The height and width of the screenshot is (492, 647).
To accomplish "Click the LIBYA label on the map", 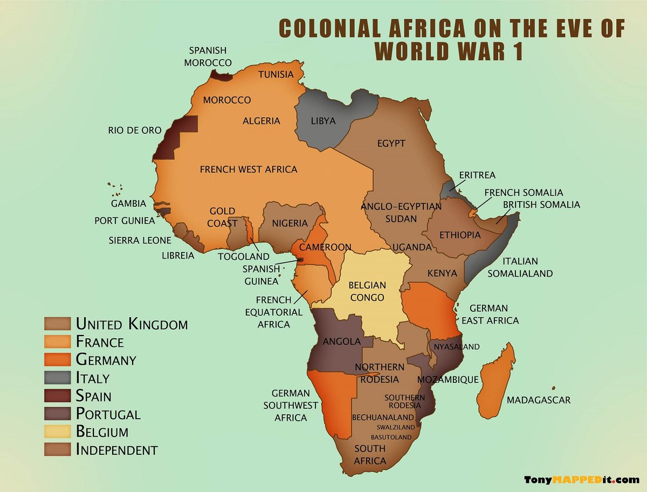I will pos(323,121).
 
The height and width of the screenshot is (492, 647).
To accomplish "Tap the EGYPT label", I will pos(391,143).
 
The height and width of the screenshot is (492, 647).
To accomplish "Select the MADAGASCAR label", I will pos(538,400).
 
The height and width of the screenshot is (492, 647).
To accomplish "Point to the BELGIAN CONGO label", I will pos(367,291).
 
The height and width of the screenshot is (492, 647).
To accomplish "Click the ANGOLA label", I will pos(341,341).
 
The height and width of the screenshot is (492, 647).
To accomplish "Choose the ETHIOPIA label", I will pos(460,235).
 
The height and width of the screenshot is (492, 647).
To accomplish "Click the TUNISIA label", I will pos(276,74).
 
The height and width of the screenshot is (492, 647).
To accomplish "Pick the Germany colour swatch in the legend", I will pos(57,359).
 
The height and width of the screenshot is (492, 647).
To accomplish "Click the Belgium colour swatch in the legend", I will pos(57,431).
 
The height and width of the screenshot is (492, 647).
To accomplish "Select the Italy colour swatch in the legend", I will pos(57,377).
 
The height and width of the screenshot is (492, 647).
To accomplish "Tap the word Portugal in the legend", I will pos(108,414).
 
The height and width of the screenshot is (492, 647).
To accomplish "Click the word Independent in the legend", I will pos(117,449).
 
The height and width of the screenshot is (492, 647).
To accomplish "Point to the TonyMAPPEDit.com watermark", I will pos(581,480).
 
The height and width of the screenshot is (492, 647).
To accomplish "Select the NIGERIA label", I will pos(290,223).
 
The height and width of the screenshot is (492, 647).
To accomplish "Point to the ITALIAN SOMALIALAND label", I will pos(520,267).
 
